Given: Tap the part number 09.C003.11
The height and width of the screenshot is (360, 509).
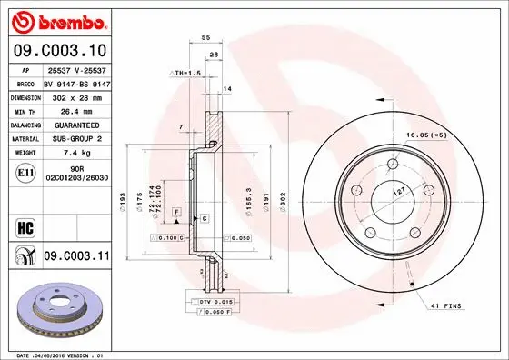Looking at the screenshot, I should (x=76, y=258).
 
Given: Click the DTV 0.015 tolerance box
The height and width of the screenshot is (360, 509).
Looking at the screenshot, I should (x=215, y=300).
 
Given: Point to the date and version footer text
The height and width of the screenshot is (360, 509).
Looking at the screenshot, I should (x=61, y=355).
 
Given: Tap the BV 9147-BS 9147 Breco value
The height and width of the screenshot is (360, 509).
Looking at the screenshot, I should (x=77, y=82).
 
